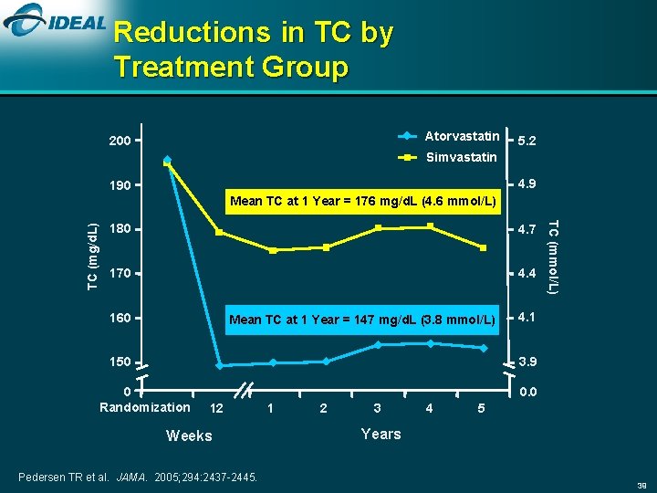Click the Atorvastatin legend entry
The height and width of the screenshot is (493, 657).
462,136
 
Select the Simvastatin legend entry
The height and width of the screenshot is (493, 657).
461,157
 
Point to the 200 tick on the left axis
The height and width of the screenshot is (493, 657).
120,142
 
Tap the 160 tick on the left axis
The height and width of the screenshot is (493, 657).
120,319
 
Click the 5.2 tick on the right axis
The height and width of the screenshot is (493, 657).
527,142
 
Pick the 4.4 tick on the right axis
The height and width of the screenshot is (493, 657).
527,273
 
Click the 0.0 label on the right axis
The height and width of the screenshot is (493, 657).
527,392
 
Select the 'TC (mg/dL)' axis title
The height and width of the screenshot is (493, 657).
93,257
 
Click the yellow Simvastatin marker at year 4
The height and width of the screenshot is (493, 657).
431,226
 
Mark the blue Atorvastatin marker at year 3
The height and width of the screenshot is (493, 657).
378,345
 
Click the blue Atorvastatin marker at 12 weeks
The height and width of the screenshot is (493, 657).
219,366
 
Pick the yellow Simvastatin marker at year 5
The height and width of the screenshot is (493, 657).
484,248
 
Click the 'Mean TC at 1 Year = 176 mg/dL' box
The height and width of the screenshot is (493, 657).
363,201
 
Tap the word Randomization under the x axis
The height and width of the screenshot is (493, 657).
144,407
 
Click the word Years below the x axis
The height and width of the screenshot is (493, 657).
381,434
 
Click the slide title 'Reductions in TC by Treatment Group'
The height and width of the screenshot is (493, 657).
254,49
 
